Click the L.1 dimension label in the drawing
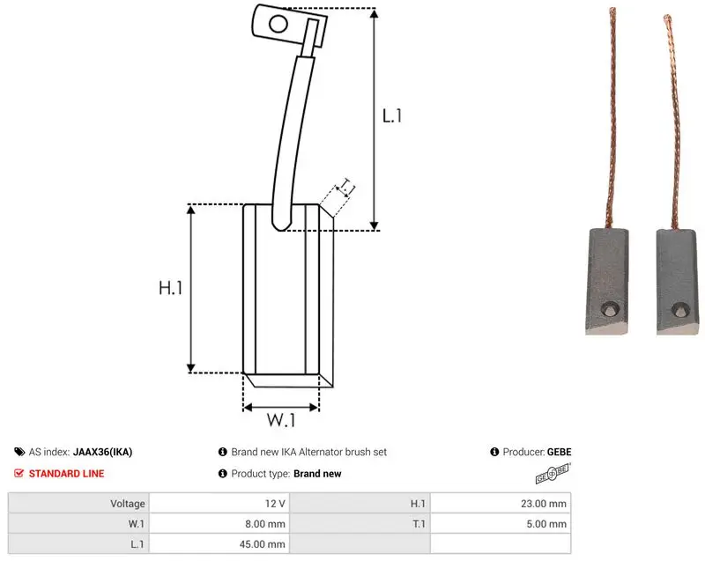(x=391, y=116)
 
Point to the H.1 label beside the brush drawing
(x=171, y=287)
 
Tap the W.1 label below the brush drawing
(x=281, y=420)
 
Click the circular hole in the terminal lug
(x=278, y=24)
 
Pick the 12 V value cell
(x=275, y=504)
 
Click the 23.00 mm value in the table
(x=544, y=504)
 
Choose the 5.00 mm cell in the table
(x=546, y=524)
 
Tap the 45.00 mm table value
(x=262, y=544)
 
